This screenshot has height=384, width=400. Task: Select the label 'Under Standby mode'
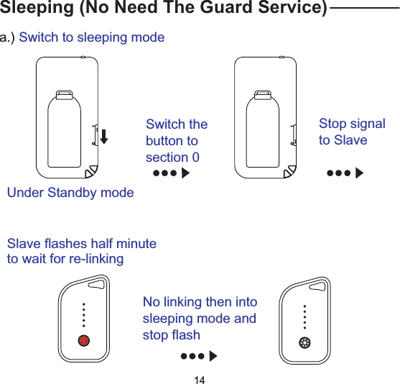(70, 193)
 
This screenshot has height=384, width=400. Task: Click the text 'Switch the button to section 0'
(176, 141)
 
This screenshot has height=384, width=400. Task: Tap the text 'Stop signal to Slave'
(352, 132)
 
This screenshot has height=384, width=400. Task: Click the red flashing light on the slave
(84, 340)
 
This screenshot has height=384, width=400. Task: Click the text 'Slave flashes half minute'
(82, 244)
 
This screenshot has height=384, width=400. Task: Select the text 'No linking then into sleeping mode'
(200, 310)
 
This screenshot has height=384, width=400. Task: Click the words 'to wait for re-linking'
(65, 259)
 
